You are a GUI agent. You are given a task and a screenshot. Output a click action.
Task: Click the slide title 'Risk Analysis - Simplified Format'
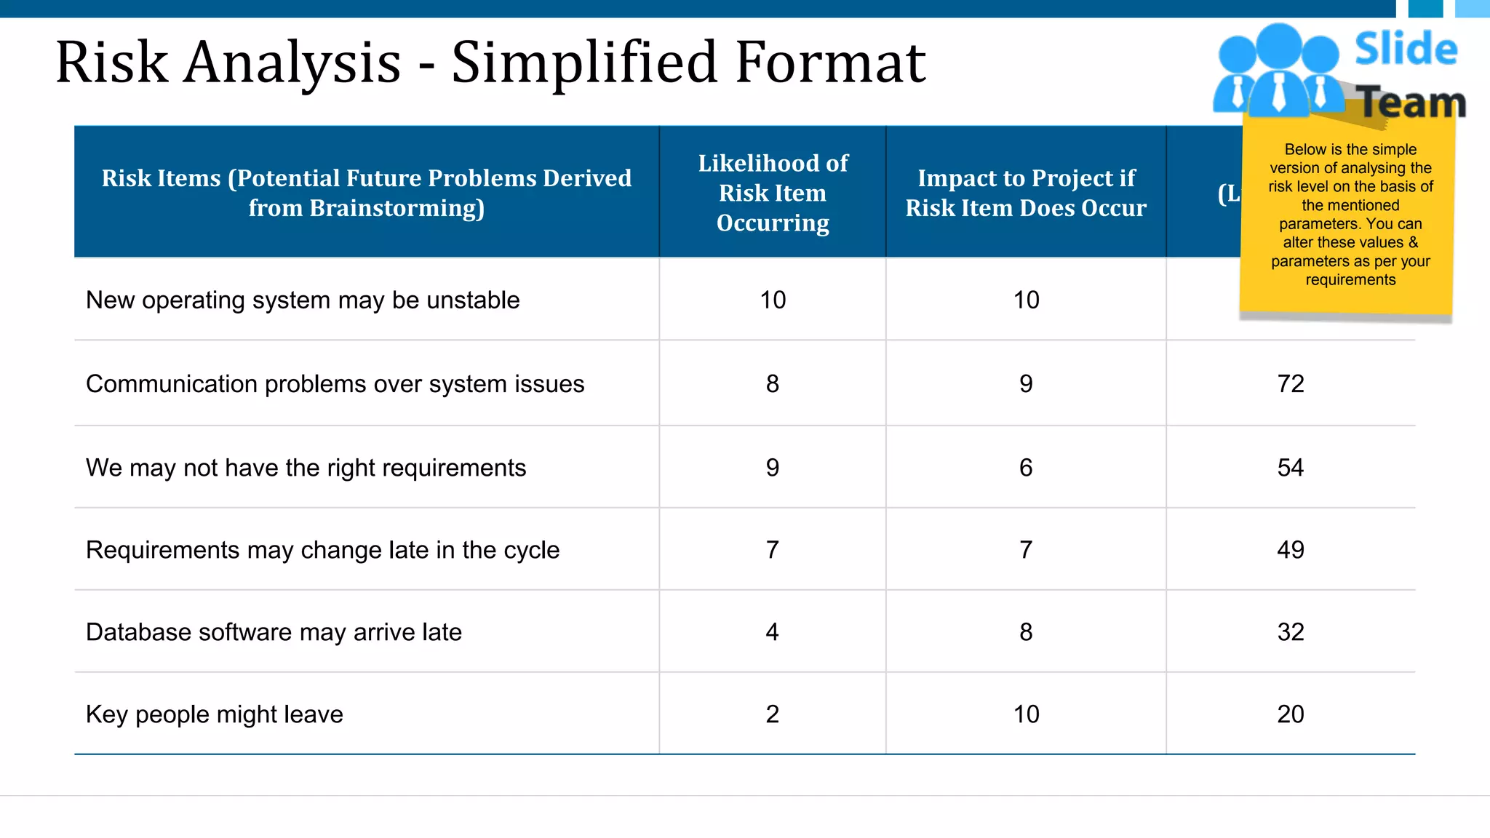[x=490, y=63]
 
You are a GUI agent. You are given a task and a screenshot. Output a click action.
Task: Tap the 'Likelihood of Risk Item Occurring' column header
[x=773, y=193]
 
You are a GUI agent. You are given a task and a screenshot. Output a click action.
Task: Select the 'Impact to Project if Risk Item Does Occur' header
[x=1026, y=193]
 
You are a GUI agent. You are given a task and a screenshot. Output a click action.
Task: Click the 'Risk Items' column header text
[x=367, y=193]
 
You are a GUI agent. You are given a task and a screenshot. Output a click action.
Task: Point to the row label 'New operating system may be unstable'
[x=303, y=300]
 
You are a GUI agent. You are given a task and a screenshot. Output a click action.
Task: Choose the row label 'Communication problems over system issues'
[x=335, y=383]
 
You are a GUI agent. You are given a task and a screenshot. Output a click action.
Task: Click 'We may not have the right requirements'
[x=306, y=467]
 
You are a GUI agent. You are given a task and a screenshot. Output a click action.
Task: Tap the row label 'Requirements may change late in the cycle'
[x=322, y=550]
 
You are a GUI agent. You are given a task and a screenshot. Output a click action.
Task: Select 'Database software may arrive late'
[x=274, y=632]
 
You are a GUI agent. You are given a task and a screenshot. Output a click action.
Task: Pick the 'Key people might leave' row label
[x=214, y=714]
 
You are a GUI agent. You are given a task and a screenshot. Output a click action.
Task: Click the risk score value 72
[x=1291, y=383]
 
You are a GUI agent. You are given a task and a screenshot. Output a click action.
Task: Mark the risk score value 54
[x=1291, y=467]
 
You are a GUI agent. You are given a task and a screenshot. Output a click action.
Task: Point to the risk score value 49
[x=1291, y=550]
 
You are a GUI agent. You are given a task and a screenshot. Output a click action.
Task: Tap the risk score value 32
[x=1291, y=632]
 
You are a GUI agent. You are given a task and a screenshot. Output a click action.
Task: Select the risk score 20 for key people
[x=1291, y=714]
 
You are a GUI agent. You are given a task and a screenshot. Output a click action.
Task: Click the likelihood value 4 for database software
[x=772, y=632]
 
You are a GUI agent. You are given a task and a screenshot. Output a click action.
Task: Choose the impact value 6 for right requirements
[x=1026, y=467]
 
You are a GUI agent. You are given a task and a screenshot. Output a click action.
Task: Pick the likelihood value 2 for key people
[x=772, y=714]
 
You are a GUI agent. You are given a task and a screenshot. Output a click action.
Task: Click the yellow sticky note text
[x=1350, y=215]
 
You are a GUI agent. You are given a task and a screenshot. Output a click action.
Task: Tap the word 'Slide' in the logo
[x=1406, y=49]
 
